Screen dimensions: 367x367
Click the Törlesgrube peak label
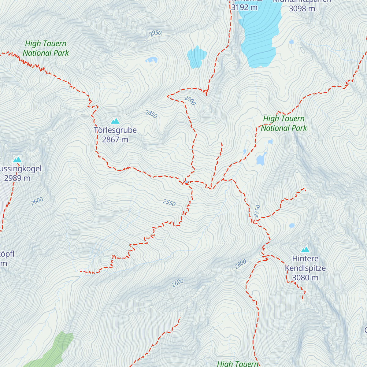click(x=115, y=130)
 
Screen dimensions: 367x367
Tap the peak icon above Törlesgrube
click(x=115, y=121)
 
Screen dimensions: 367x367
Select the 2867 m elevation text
click(x=115, y=140)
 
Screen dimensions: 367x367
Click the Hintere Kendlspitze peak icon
click(x=305, y=250)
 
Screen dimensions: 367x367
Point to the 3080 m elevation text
click(x=305, y=278)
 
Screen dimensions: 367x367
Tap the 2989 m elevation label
click(x=17, y=178)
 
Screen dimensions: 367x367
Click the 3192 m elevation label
click(x=244, y=7)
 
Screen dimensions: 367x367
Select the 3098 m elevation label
click(x=302, y=9)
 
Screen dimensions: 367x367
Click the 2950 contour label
click(x=155, y=33)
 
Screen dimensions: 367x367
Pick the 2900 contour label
click(x=190, y=100)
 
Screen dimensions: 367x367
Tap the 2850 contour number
click(x=151, y=114)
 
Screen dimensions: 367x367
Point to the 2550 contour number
click(x=169, y=202)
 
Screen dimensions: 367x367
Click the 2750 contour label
click(x=257, y=211)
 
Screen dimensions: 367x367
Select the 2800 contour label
click(x=241, y=264)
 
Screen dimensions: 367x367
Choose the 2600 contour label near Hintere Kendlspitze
click(x=178, y=283)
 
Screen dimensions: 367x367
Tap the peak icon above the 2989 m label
click(x=17, y=160)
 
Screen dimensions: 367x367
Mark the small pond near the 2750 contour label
click(x=292, y=226)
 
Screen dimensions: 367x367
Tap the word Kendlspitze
click(x=305, y=268)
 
